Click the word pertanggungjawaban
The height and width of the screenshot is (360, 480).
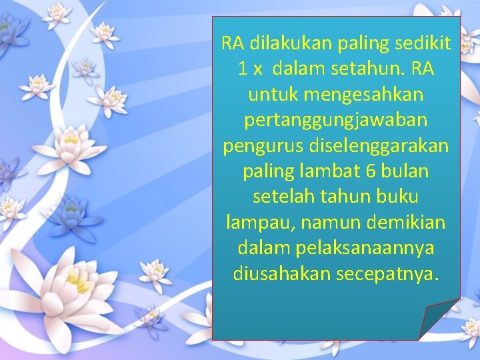pyautogui.click(x=336, y=121)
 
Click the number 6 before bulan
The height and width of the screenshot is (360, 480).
pyautogui.click(x=371, y=171)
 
